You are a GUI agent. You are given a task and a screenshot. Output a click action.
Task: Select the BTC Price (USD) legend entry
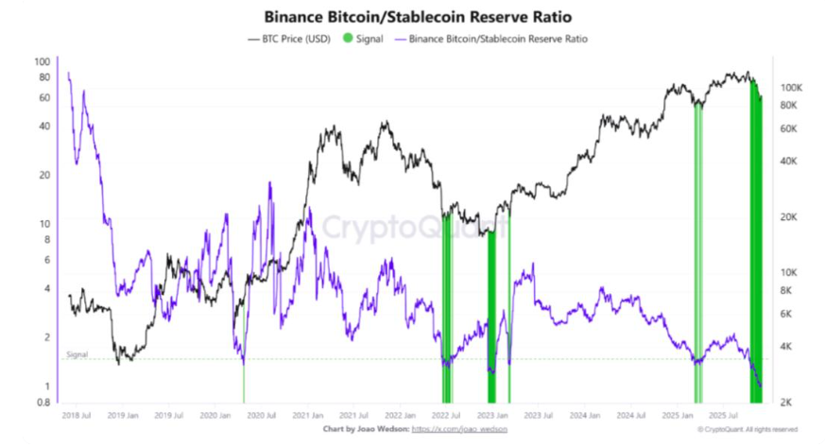tap(288, 40)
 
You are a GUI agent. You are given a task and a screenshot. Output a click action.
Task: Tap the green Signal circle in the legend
tap(347, 40)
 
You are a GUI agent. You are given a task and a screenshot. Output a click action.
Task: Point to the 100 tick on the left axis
tap(42, 62)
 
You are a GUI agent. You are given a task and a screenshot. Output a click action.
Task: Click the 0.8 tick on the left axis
tap(42, 403)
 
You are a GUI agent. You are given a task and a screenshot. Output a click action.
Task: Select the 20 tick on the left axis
tap(43, 175)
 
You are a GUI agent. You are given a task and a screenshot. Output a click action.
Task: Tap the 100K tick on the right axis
tap(790, 87)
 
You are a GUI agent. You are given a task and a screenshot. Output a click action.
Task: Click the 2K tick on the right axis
tap(786, 403)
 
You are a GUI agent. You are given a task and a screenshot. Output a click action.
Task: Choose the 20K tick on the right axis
tap(788, 217)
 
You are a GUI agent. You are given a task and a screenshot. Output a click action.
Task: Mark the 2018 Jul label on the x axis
tap(77, 415)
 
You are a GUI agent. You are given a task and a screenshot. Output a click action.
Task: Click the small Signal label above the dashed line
tap(77, 354)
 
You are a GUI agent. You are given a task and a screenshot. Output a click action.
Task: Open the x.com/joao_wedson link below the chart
tap(460, 428)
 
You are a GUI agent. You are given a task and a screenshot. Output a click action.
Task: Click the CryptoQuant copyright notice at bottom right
tap(748, 428)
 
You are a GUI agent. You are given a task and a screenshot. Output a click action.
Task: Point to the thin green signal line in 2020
tap(244, 383)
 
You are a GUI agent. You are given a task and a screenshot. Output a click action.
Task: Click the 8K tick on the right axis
tap(786, 290)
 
